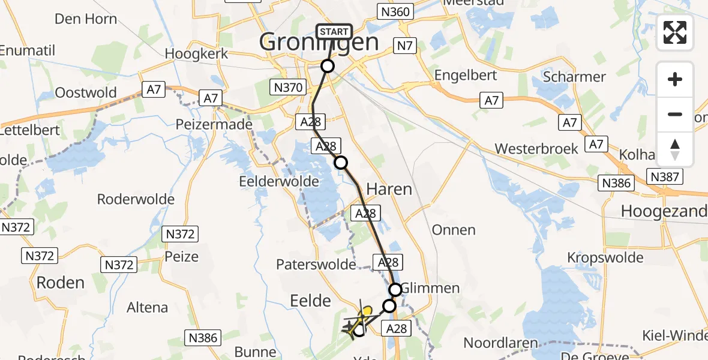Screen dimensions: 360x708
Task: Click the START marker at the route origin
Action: point(334,32)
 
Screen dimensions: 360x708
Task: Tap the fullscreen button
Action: point(675,32)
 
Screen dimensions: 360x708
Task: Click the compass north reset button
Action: point(675,149)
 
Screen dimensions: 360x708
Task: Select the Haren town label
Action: point(389,190)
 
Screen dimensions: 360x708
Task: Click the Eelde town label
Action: point(310,301)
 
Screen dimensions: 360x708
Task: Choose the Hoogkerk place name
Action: point(196,53)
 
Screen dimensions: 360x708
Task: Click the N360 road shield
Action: point(395,11)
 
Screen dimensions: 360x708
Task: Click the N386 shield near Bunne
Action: point(203,338)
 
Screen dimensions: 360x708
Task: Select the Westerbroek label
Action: point(536,149)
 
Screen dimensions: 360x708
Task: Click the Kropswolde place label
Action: point(606,258)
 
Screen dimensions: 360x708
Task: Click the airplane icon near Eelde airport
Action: point(349,327)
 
